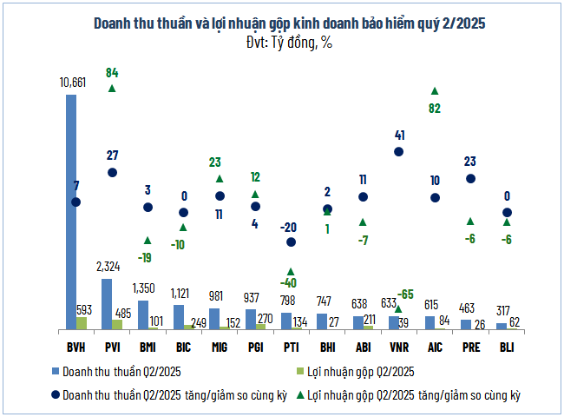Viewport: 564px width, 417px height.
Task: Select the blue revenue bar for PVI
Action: (x=107, y=304)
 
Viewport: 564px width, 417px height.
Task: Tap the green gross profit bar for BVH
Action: (x=82, y=323)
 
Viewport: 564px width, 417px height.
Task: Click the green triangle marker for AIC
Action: (x=435, y=90)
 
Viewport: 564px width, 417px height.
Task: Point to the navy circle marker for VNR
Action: (x=399, y=151)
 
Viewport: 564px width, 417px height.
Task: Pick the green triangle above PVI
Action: (x=112, y=88)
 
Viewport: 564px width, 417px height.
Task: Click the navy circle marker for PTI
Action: (x=291, y=242)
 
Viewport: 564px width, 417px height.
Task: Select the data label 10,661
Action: (x=71, y=83)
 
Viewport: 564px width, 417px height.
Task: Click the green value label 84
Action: (x=112, y=73)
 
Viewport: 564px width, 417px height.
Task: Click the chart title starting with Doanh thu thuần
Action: (x=281, y=23)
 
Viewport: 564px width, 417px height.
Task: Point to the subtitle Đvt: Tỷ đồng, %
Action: (x=281, y=41)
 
